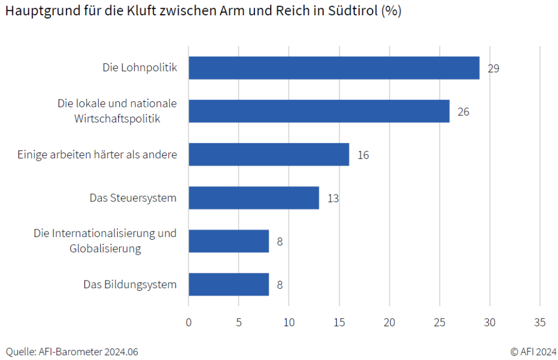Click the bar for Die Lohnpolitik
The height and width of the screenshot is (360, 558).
[x=333, y=68]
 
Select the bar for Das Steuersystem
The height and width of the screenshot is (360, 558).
[x=254, y=198]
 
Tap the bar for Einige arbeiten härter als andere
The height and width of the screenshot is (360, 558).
[x=269, y=155]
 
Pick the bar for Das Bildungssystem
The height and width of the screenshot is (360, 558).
[x=229, y=284]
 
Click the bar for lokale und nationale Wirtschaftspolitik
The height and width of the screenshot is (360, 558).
[x=319, y=111]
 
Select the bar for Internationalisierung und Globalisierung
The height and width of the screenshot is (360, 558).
[x=229, y=241]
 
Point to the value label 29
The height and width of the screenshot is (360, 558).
[x=493, y=69]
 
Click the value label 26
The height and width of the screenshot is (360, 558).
[x=463, y=112]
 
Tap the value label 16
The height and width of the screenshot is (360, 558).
[x=363, y=155]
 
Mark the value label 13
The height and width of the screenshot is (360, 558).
[x=333, y=198]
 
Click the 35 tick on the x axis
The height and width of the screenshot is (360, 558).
[x=539, y=322]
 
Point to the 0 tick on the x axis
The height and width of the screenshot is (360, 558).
[x=189, y=322]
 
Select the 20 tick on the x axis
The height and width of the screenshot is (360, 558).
[x=389, y=322]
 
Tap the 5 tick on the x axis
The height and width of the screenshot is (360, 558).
[x=239, y=322]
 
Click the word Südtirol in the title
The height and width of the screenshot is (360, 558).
[x=354, y=11]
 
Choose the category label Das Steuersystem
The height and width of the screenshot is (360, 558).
[x=133, y=198]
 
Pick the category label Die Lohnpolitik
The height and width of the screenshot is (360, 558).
[x=140, y=68]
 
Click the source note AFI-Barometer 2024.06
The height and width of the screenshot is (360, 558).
[x=88, y=352]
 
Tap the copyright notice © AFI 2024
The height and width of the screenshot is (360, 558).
[x=533, y=351]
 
